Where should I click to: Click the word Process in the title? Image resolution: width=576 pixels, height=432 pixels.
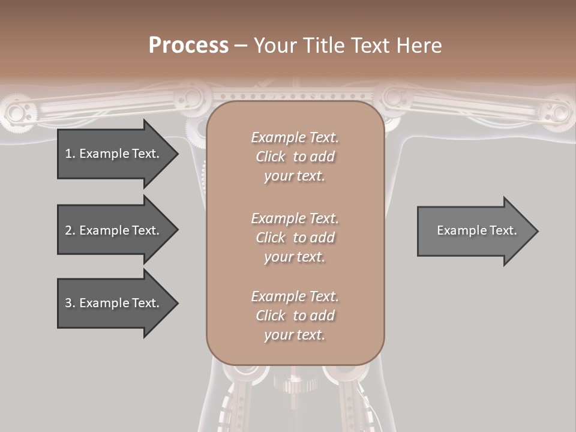188,46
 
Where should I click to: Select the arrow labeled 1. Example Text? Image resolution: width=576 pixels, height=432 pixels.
114,154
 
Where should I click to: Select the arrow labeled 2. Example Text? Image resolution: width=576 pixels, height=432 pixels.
114,230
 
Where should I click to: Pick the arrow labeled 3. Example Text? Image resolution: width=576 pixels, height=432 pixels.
114,303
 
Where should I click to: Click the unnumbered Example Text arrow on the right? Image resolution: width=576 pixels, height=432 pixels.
474,230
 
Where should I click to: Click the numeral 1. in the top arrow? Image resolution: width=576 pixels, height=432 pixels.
70,154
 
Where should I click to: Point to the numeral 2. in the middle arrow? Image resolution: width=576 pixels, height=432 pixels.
70,230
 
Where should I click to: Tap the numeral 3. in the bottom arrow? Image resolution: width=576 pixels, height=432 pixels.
70,303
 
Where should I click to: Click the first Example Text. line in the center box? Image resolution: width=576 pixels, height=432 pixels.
295,137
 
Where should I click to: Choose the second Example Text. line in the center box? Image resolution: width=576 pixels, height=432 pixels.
295,218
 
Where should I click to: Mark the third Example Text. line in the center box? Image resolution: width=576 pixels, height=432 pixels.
295,296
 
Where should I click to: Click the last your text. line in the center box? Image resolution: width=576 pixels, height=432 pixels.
295,335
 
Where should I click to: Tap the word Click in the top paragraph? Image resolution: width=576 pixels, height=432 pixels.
271,157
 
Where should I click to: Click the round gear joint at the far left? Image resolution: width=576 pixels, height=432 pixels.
18,112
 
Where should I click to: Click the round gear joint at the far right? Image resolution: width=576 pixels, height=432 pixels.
557,112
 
